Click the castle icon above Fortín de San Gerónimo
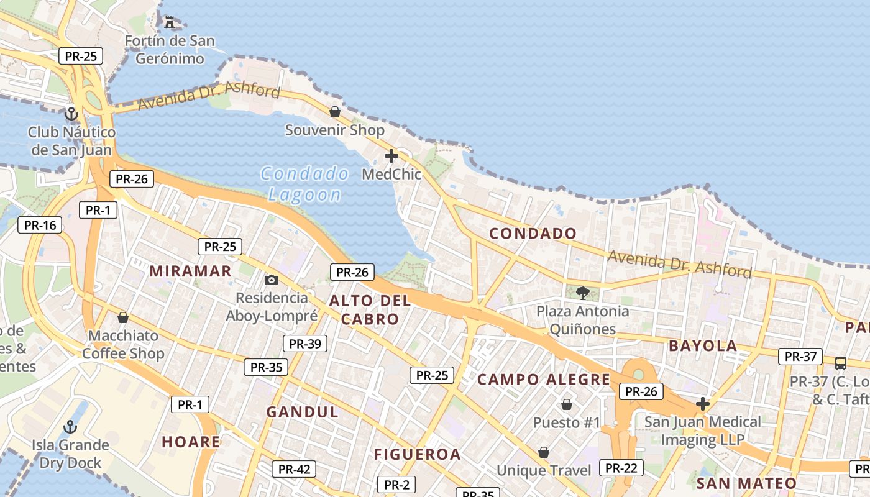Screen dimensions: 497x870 pyautogui.click(x=170, y=22)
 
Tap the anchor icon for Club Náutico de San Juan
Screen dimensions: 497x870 pyautogui.click(x=71, y=114)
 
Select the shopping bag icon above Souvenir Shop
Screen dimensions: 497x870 pyautogui.click(x=334, y=112)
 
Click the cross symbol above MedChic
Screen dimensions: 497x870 pyautogui.click(x=391, y=156)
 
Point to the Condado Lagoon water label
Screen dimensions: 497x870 pyautogui.click(x=304, y=184)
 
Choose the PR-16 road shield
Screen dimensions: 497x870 pyautogui.click(x=40, y=225)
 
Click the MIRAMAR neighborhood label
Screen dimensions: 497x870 pyautogui.click(x=191, y=271)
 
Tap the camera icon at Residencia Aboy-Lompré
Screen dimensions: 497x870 pyautogui.click(x=271, y=280)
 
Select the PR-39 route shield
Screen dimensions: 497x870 pyautogui.click(x=304, y=344)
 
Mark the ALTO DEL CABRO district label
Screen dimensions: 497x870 pyautogui.click(x=370, y=310)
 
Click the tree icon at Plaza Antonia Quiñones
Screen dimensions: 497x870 pyautogui.click(x=582, y=293)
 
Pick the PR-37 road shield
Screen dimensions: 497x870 pyautogui.click(x=800, y=357)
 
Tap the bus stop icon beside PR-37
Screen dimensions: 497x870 pyautogui.click(x=840, y=363)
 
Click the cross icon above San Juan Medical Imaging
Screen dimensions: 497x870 pyautogui.click(x=703, y=404)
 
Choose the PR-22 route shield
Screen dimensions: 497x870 pyautogui.click(x=621, y=468)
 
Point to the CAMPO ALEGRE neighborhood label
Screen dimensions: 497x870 pyautogui.click(x=544, y=380)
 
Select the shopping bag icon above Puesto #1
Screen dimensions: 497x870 pyautogui.click(x=567, y=405)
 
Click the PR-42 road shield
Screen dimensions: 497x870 pyautogui.click(x=294, y=470)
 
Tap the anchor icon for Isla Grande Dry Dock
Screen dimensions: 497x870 pyautogui.click(x=70, y=427)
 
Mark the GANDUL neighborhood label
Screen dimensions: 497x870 pyautogui.click(x=303, y=412)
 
